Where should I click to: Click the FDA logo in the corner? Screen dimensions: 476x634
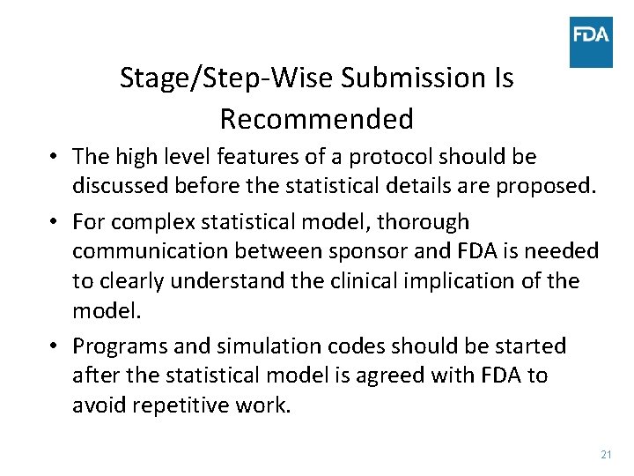tap(591, 41)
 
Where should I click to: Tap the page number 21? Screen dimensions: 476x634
tap(605, 454)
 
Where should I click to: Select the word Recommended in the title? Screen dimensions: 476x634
tap(316, 118)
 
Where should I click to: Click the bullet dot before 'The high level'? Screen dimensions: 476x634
tap(55, 158)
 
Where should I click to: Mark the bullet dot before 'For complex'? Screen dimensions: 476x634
tap(55, 222)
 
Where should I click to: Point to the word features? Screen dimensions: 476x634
tap(257, 157)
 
